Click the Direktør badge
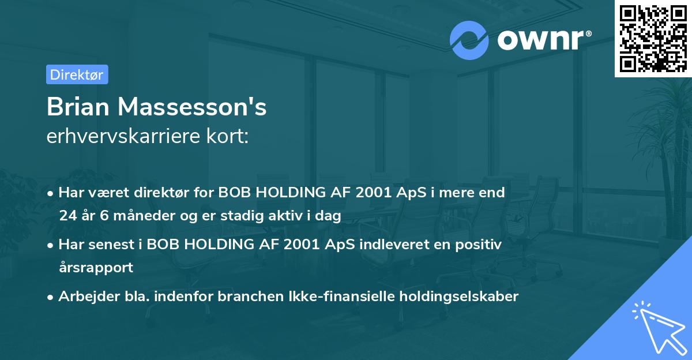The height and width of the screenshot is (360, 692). (x=77, y=74)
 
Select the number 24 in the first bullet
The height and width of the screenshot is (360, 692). (x=66, y=216)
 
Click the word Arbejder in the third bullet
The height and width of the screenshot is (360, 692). (x=84, y=297)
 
